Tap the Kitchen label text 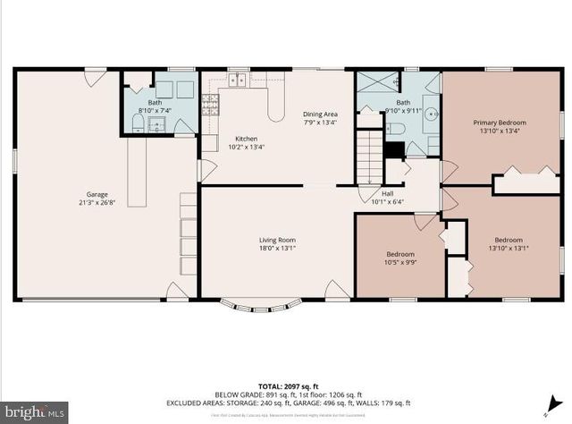click(x=246, y=139)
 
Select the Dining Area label click(x=320, y=114)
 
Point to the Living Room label click(x=277, y=240)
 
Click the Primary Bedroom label click(x=500, y=122)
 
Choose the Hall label click(x=387, y=193)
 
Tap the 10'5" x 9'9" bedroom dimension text click(x=401, y=262)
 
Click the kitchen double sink click(x=237, y=81)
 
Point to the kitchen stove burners click(x=211, y=106)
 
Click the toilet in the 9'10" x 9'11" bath click(x=396, y=131)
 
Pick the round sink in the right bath click(x=431, y=114)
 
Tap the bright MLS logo click(x=34, y=411)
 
